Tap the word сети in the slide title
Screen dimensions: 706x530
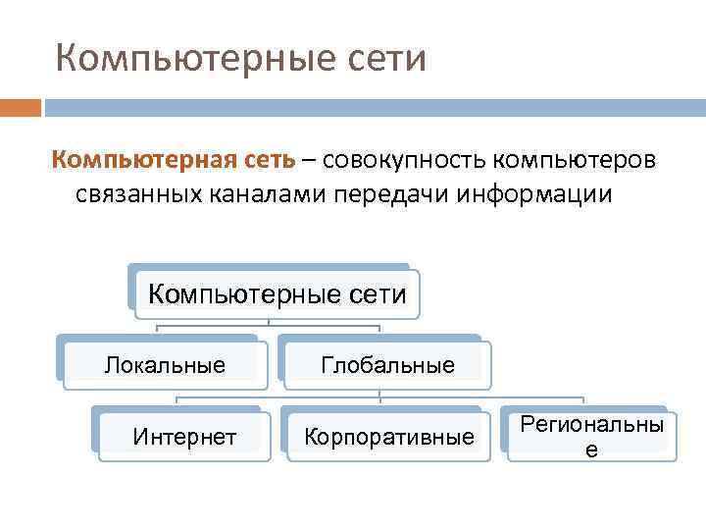[x=380, y=59]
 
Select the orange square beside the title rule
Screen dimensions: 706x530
[x=21, y=107]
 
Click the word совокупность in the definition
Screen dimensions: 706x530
[x=404, y=159]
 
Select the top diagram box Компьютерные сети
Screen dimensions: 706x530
[x=276, y=293]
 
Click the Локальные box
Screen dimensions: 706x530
[x=165, y=365]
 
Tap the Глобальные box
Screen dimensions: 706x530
[x=387, y=365]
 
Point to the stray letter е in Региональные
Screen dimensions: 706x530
[x=591, y=450]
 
